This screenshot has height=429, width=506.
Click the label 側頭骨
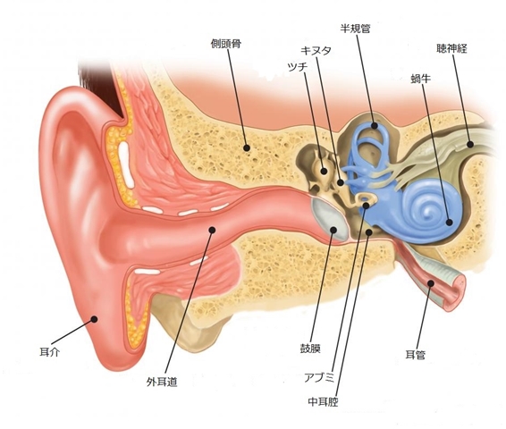coord(226,44)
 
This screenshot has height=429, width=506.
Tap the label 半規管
coord(355,29)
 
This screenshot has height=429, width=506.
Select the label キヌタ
coord(316,51)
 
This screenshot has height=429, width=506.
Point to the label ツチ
coord(297,67)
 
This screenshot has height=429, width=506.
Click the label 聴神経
coord(451,48)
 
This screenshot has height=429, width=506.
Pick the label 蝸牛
coord(421,79)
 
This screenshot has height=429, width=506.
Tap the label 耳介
coord(49,352)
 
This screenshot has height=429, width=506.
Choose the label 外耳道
coord(162,383)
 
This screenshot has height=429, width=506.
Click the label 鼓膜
coord(310,349)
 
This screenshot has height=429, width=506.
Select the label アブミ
coord(319,377)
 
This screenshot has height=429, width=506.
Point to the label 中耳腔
coord(323,401)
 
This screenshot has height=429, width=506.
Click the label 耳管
coord(416,355)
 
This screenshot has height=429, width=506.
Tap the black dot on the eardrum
coord(333,230)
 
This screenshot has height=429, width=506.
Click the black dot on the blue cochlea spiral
coord(449,222)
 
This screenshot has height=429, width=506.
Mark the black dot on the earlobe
coord(94,319)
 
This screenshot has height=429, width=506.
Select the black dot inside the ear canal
coord(212,230)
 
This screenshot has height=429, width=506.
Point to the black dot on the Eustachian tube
coord(431,283)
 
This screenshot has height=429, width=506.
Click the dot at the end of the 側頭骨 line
coord(247,148)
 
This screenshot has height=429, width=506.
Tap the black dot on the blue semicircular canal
coord(375,125)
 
